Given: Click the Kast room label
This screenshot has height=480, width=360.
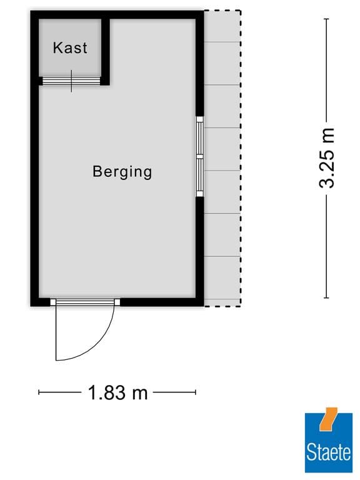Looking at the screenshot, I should point(70,47).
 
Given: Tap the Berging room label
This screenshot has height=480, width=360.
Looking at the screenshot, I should point(122,171).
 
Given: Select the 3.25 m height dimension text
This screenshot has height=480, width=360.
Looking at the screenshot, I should point(327,158).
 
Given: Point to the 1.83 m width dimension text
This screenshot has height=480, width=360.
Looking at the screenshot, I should point(118,393).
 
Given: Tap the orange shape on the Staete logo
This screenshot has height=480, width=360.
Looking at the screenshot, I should point(327,419).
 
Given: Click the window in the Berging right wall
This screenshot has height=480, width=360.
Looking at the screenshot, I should point(200,157).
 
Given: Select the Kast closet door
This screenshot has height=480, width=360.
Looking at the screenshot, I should point(71,81).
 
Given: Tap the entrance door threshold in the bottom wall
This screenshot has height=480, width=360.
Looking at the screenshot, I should point(84,302).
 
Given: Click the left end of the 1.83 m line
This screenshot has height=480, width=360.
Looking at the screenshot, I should point(39,392).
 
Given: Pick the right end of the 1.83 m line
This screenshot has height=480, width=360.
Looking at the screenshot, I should point(196,392).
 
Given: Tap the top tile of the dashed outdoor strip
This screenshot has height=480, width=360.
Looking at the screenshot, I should point(223,27).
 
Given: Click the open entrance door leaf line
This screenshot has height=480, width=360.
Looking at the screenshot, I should point(56,331).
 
